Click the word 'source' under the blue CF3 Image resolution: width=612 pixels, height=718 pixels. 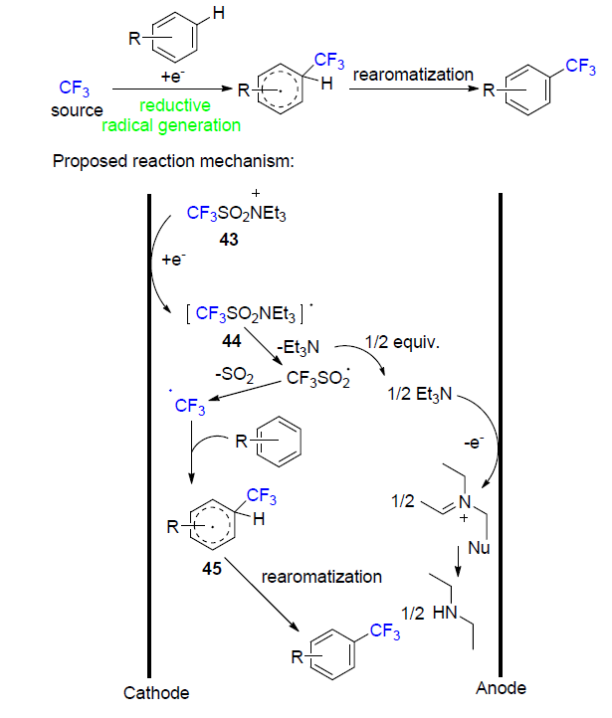pos(77,110)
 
